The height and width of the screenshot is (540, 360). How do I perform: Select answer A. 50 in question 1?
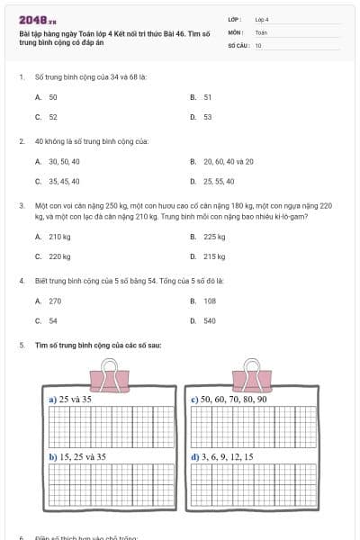(47, 96)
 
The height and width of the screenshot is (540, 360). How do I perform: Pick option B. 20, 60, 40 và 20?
(221, 162)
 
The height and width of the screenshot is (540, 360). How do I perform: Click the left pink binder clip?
(111, 374)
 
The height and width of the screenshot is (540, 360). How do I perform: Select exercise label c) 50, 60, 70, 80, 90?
(230, 398)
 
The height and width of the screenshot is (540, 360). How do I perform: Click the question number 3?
(21, 205)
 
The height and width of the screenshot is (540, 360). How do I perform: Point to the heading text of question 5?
(98, 346)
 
